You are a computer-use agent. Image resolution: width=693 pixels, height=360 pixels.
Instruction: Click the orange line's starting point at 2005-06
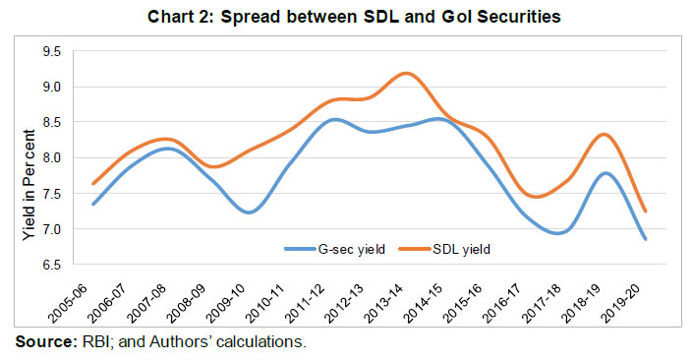(x=92, y=184)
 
